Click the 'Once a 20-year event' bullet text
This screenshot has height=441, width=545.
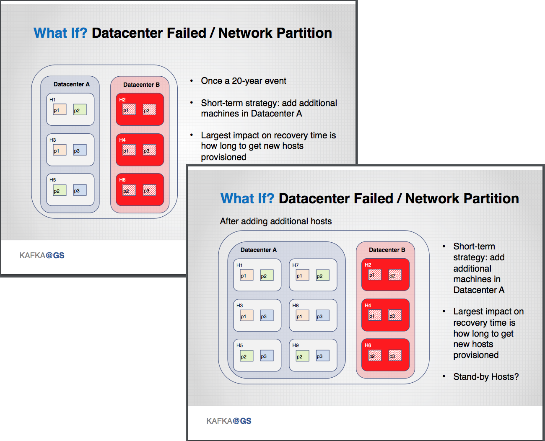[243, 81]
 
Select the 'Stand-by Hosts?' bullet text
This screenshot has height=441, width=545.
[486, 377]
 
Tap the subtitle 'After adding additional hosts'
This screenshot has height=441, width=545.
[276, 221]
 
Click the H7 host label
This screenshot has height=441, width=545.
[296, 265]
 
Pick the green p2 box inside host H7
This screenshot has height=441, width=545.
[322, 275]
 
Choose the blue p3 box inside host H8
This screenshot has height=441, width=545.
[322, 316]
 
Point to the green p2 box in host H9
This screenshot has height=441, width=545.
[302, 356]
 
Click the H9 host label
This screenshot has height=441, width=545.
[296, 345]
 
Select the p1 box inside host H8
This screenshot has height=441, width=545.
[302, 316]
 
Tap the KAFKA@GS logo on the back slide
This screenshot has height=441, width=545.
[42, 255]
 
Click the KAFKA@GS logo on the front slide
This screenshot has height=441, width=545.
[229, 421]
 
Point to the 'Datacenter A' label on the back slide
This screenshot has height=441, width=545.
[72, 84]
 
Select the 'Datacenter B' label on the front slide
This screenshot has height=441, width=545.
[387, 250]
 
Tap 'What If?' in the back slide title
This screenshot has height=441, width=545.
[60, 33]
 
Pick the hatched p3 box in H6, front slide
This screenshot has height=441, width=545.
[395, 355]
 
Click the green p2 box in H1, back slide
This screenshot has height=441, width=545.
[80, 110]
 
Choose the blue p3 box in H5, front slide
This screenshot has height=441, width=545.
[267, 356]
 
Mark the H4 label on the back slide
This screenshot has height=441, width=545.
[122, 140]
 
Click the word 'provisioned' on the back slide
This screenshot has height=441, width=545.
[223, 157]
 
